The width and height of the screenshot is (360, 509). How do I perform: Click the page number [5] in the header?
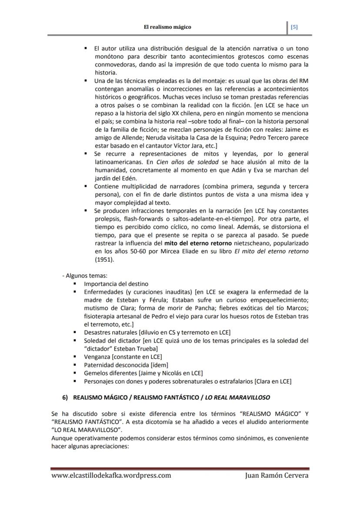point(294,27)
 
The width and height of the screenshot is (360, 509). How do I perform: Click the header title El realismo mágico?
point(167,27)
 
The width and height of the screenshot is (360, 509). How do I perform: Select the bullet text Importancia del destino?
point(116,284)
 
